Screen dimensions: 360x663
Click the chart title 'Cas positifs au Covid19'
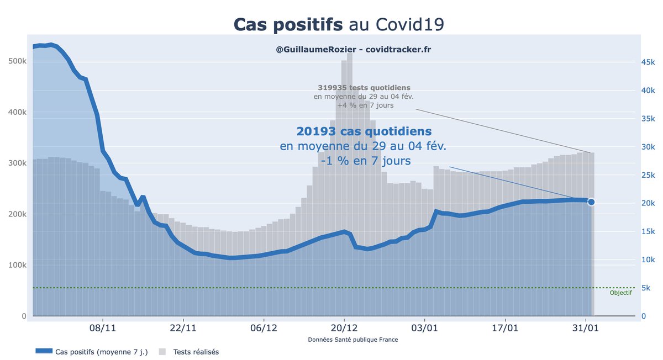pos(339,24)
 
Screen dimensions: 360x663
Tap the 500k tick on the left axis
pos(16,61)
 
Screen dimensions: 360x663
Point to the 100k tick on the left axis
pos(16,265)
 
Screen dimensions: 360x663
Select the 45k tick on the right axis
pos(648,62)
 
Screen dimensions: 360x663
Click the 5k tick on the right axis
pos(645,288)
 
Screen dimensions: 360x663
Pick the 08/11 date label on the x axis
pos(103,328)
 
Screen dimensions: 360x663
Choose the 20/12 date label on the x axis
pos(344,328)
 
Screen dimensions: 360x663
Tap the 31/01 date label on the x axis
pos(585,328)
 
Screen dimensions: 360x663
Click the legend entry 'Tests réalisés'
pos(196,352)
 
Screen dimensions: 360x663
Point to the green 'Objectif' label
pos(620,293)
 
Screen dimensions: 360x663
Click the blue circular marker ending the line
pos(591,202)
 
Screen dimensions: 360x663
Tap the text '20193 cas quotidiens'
pos(364,131)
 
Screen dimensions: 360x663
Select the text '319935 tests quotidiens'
pos(364,88)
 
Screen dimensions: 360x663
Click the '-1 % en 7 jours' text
pos(364,161)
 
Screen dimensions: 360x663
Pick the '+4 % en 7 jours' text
pos(364,105)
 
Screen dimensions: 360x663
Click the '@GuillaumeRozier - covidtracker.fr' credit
pos(354,50)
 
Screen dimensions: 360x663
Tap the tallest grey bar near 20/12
pos(350,166)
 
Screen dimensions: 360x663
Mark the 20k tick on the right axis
pos(648,203)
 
